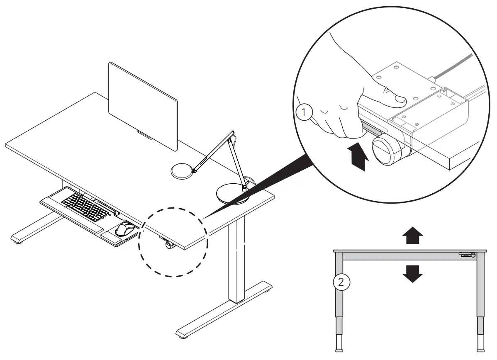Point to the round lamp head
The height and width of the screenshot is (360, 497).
[x=183, y=170]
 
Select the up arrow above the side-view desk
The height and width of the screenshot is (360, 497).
[x=413, y=238]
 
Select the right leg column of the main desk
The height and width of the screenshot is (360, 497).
[x=237, y=261]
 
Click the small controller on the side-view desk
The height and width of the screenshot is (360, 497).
[x=468, y=255]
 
